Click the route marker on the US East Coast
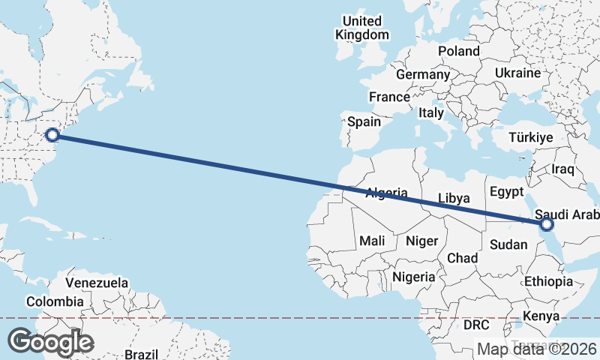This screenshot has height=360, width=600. (52, 135)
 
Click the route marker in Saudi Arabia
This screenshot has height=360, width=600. (546, 223)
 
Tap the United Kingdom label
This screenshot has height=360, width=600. (362, 28)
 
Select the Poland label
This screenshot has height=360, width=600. (458, 51)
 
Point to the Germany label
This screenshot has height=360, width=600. (422, 74)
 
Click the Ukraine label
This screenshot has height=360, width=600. (517, 73)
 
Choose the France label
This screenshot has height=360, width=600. (389, 97)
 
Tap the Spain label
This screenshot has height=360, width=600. (364, 121)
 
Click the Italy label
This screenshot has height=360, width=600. (431, 112)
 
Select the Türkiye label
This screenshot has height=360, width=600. (530, 138)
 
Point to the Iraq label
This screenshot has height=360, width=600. (562, 169)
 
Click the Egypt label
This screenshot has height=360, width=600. (505, 192)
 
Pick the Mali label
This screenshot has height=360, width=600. (372, 241)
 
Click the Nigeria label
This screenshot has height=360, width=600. (413, 277)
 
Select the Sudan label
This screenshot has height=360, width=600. (508, 244)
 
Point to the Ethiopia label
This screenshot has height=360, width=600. (548, 281)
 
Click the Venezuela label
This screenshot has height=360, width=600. (97, 283)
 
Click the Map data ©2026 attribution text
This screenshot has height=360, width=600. (537, 349)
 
